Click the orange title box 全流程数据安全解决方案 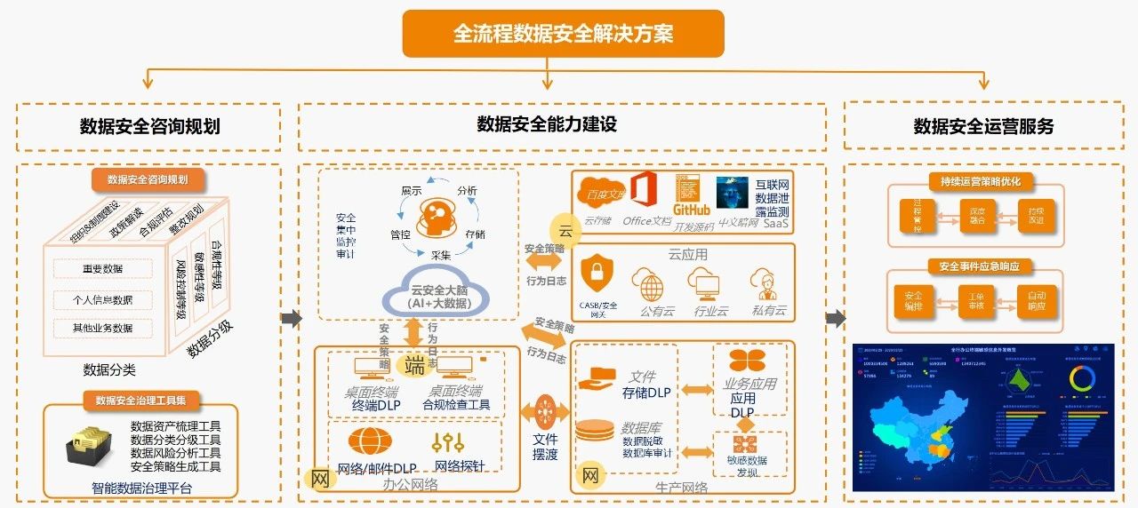(563, 34)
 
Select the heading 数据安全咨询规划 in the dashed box (149, 126)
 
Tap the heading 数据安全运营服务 (983, 126)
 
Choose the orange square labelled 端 (414, 365)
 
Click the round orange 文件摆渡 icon (545, 413)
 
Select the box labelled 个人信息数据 (102, 299)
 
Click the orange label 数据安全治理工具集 (142, 401)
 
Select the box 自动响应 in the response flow (1037, 300)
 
